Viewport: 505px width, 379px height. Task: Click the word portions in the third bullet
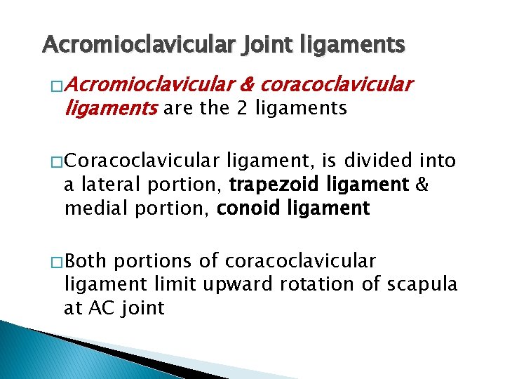pos(152,262)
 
